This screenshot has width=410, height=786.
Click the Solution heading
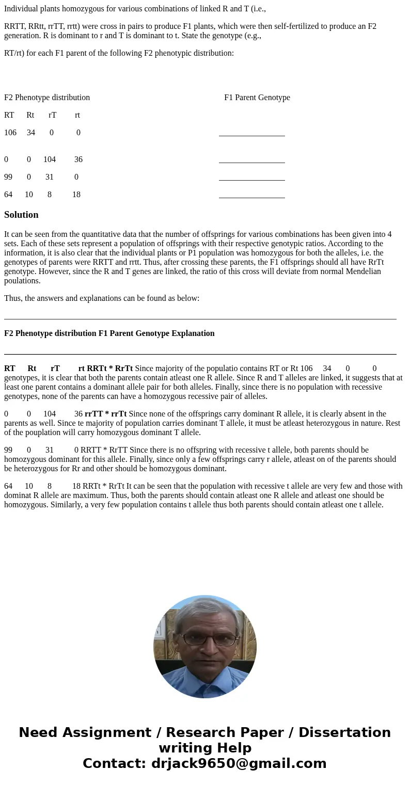pyautogui.click(x=21, y=215)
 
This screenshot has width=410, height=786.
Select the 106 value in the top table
pyautogui.click(x=10, y=133)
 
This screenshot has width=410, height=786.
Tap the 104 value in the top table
pyautogui.click(x=50, y=159)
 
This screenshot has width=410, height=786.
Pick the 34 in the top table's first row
pyautogui.click(x=31, y=133)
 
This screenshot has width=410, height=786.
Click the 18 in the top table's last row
pyautogui.click(x=76, y=195)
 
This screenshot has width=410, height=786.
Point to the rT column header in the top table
pyautogui.click(x=53, y=115)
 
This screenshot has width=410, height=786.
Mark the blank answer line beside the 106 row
pyautogui.click(x=251, y=135)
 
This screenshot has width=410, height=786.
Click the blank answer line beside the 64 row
pyautogui.click(x=251, y=197)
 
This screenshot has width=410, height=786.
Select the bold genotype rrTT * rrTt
pyautogui.click(x=105, y=414)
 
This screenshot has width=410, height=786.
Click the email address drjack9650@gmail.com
pyautogui.click(x=239, y=764)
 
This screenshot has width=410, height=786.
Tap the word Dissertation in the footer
pyautogui.click(x=344, y=733)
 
